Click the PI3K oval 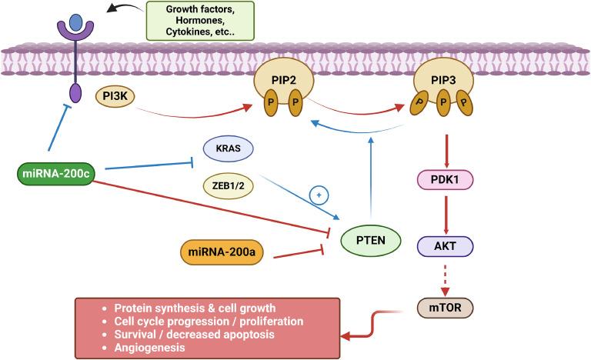coord(115,98)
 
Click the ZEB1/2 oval coord(229,186)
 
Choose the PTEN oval coord(371,241)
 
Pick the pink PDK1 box coord(445,181)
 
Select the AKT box coord(445,246)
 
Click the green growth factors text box coord(201,20)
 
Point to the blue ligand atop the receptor coord(75,20)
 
